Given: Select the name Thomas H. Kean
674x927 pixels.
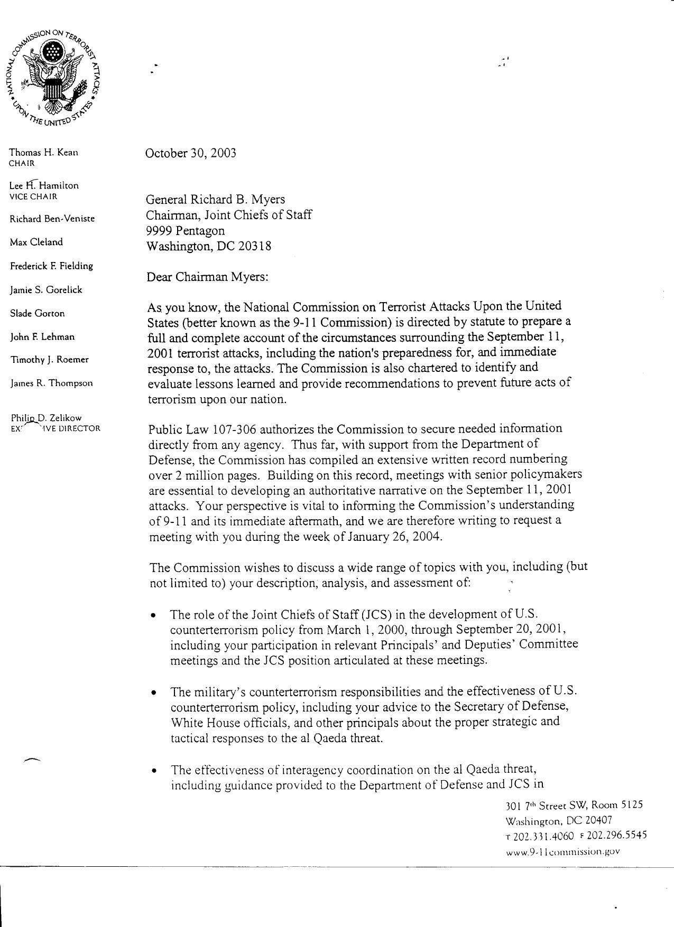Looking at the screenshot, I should coord(44,153).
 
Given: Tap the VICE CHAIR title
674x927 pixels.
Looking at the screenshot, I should coord(33,196).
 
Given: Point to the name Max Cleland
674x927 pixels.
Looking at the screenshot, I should coord(36,242).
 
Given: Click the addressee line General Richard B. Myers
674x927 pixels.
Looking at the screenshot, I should coord(215,199).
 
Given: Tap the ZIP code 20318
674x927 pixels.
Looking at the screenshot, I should coord(255,246).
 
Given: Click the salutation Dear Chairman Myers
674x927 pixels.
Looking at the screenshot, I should coord(208,277).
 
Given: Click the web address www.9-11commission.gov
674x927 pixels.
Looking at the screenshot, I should coord(562,851).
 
